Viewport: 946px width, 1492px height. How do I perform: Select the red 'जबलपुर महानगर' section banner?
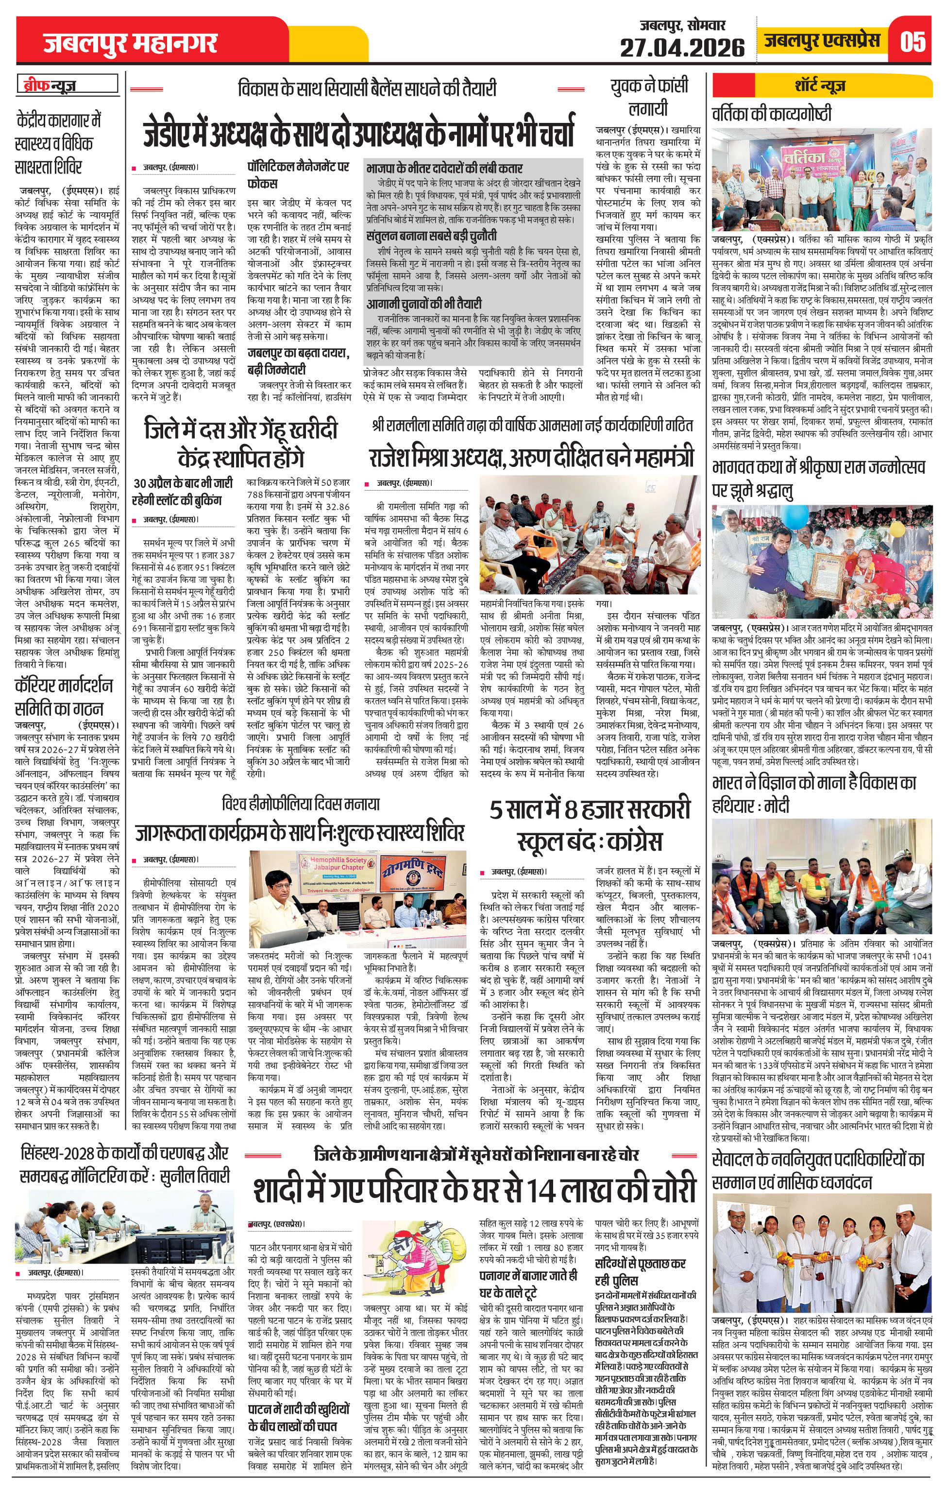[x=131, y=43]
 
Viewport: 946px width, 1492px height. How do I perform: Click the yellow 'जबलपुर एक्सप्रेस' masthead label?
[x=822, y=41]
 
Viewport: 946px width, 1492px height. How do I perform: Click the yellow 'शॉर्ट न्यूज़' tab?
[x=820, y=85]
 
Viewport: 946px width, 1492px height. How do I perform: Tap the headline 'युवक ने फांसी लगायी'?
[x=649, y=97]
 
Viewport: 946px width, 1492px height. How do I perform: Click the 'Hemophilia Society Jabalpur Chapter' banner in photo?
[x=338, y=866]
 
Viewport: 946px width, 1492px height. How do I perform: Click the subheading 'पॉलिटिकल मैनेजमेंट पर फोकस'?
[x=298, y=175]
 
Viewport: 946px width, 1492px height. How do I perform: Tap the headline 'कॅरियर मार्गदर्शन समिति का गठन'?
[x=64, y=696]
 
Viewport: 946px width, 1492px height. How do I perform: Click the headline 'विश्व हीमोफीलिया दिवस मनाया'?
[x=301, y=804]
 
